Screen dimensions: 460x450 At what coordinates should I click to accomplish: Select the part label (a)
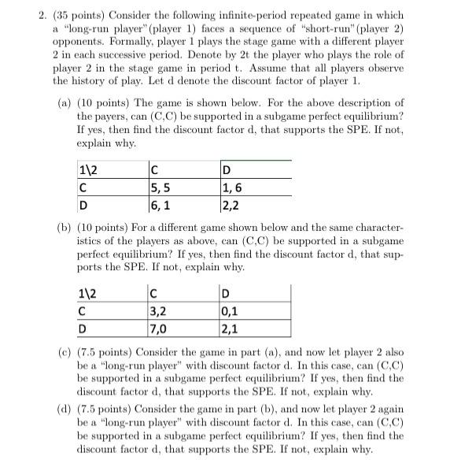[68, 103]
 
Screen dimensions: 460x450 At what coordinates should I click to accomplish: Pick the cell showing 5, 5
[160, 187]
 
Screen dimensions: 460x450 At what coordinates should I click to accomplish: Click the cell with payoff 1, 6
[235, 187]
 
